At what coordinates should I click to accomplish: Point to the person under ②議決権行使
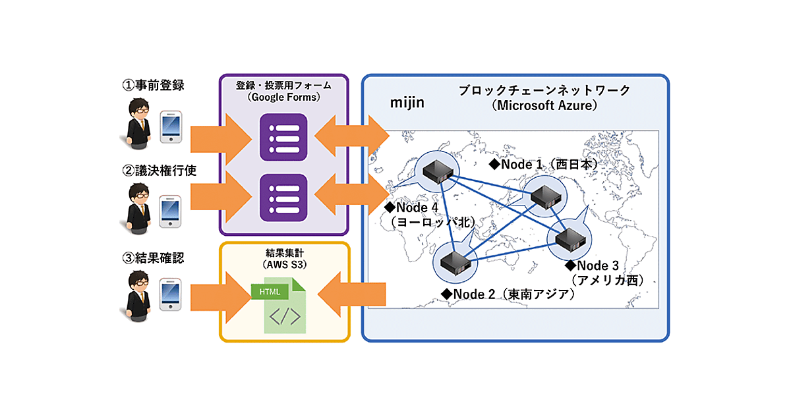point(137,207)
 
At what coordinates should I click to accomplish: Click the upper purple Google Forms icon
point(283,138)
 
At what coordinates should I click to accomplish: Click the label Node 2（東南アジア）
point(508,294)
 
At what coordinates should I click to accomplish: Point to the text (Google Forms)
point(283,97)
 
